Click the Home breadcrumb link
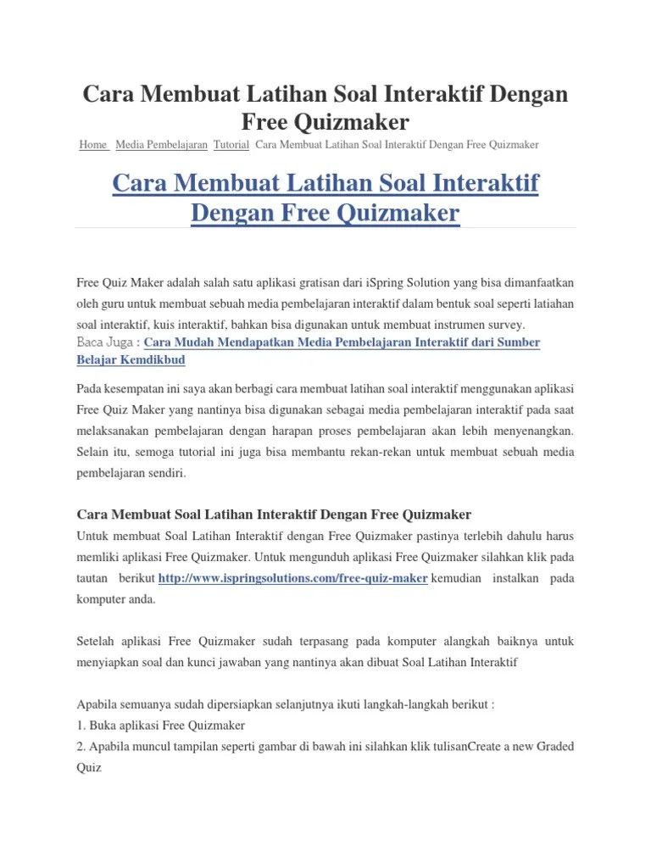click(92, 145)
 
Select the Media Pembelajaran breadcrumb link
click(161, 145)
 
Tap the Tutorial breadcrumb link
click(231, 145)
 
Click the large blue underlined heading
click(325, 197)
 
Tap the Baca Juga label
click(108, 342)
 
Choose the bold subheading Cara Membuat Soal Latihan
click(274, 515)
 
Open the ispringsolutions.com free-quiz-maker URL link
click(292, 577)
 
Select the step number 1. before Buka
click(81, 725)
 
